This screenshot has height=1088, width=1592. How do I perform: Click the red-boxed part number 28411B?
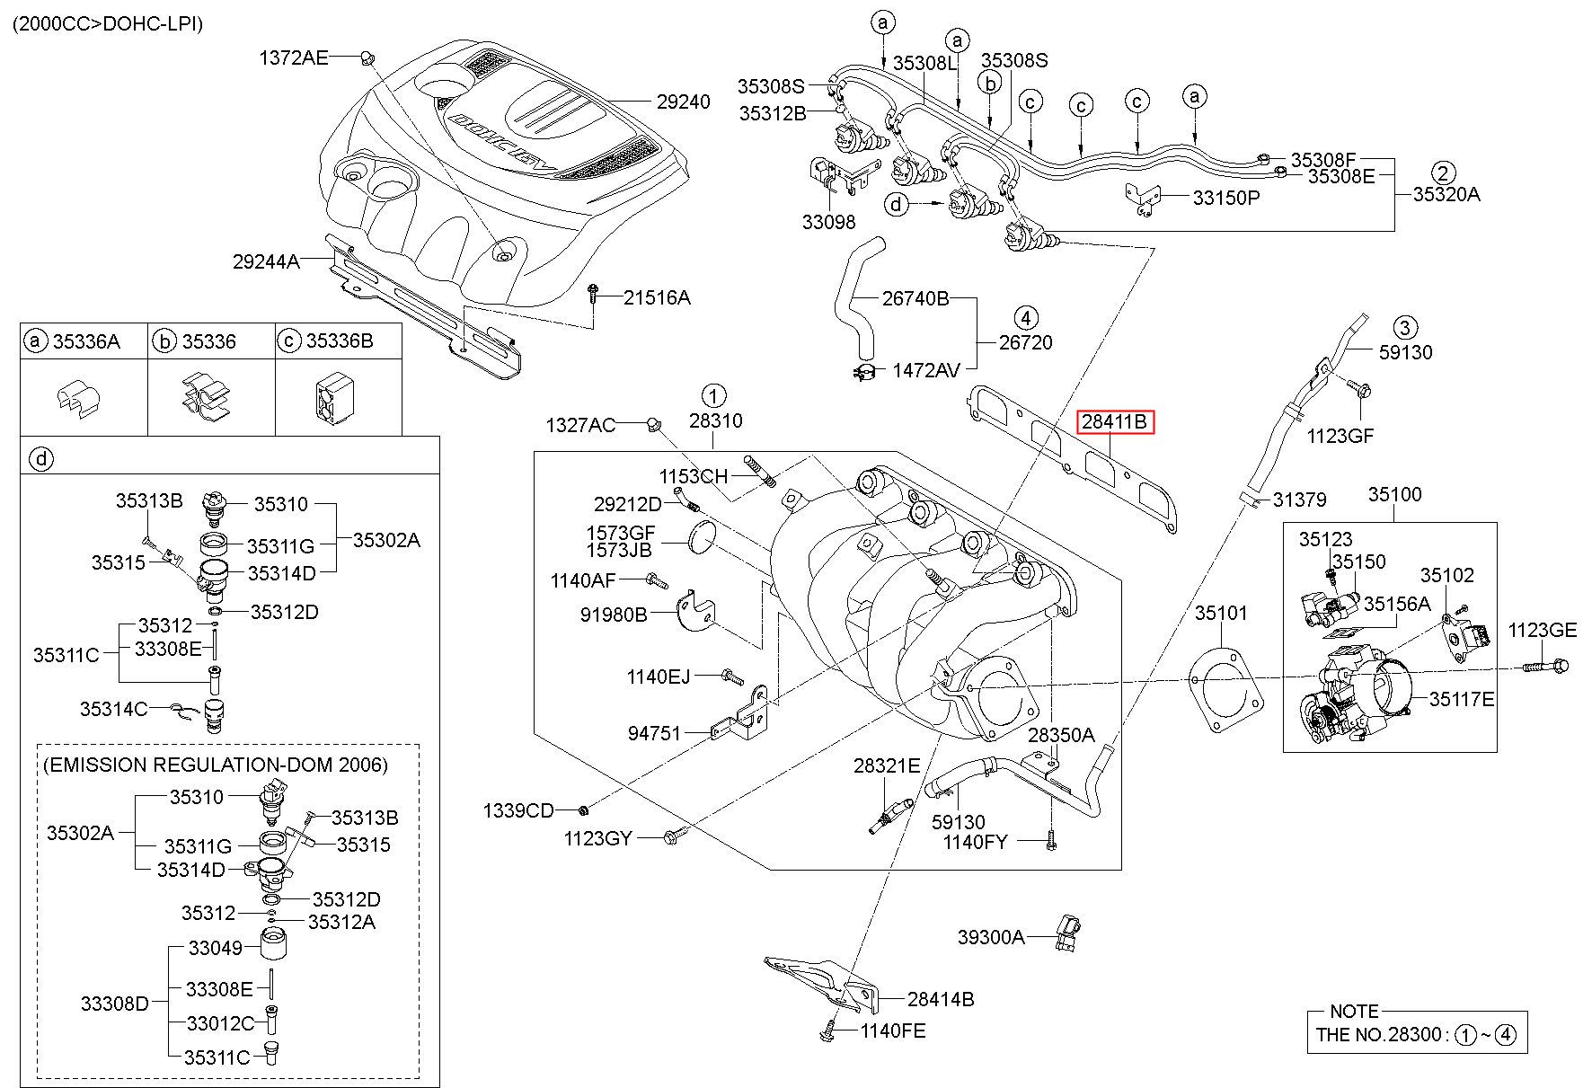point(1114,421)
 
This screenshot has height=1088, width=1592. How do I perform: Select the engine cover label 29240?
point(683,102)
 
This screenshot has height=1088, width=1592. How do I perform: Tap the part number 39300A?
point(990,937)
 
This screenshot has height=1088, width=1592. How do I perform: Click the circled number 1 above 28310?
point(713,395)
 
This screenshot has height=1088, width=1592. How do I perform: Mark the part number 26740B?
point(915,298)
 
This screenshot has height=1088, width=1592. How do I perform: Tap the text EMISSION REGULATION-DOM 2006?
point(216,765)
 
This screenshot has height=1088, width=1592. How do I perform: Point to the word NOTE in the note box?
point(1354,1012)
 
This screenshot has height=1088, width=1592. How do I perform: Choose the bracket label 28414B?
point(940,998)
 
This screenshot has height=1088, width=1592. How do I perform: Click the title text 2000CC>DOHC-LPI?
point(107,23)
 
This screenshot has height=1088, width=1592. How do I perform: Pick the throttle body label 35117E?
point(1462,698)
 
